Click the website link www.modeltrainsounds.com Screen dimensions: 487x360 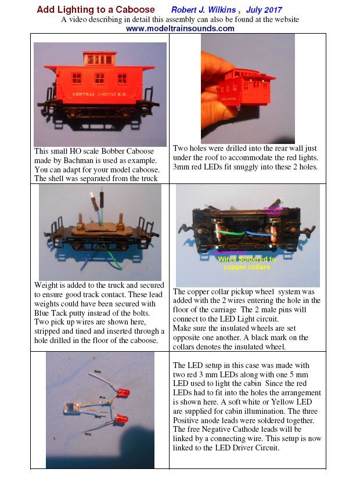[x=180, y=28]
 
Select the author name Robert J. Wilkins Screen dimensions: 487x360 [x=204, y=10]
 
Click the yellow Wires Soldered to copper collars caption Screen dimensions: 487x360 [x=246, y=263]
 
